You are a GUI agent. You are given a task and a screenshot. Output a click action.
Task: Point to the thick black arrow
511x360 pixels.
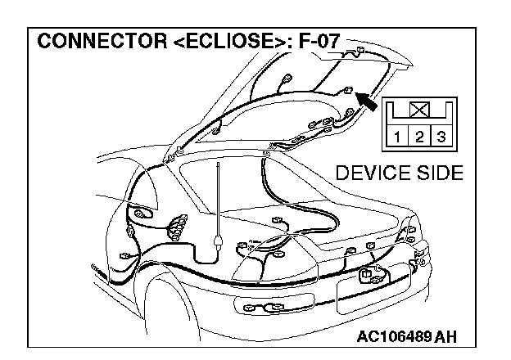(370, 103)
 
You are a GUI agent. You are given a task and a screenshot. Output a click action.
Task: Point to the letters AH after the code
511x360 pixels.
(447, 336)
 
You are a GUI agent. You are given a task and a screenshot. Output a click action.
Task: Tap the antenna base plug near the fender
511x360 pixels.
(217, 241)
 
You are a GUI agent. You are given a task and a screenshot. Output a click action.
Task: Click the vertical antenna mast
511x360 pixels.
(218, 196)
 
